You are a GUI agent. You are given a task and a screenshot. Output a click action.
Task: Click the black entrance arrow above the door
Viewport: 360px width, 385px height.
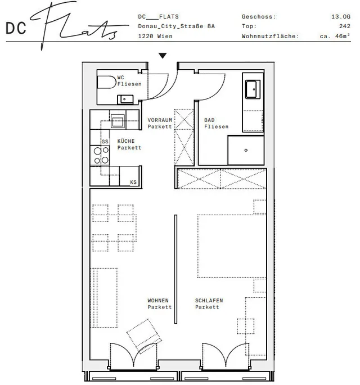click(x=163, y=56)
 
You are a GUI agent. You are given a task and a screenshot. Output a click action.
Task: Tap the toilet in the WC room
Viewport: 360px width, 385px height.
click(x=107, y=82)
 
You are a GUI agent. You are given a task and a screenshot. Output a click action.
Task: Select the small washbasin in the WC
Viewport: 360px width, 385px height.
click(x=125, y=99)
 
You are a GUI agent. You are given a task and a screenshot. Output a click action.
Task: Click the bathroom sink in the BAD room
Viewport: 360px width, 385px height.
click(x=253, y=89)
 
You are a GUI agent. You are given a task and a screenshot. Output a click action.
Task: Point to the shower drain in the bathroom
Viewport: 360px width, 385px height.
click(x=246, y=150)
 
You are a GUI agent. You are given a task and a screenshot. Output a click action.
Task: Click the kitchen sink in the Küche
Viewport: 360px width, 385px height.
click(x=118, y=121)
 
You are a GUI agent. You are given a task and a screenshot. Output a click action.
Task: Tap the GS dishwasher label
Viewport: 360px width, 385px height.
click(x=105, y=142)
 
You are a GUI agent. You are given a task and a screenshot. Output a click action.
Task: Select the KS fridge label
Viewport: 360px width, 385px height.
click(x=133, y=182)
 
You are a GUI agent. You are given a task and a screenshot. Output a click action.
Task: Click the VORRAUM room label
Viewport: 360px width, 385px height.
click(x=160, y=120)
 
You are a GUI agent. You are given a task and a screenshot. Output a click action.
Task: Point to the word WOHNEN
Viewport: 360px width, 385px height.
click(x=158, y=301)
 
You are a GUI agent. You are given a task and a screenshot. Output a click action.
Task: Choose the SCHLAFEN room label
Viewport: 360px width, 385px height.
click(x=209, y=301)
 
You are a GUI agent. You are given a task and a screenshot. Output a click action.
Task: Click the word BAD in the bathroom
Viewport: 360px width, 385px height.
click(x=209, y=120)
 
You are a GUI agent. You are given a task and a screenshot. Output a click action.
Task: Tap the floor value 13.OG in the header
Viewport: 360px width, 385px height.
click(x=341, y=17)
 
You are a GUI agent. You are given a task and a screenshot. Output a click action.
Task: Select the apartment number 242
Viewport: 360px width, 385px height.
click(x=345, y=26)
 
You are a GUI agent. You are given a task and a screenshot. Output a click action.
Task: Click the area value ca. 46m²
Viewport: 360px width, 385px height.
click(x=335, y=36)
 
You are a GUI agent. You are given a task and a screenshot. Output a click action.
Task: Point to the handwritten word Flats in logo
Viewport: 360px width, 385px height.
click(x=79, y=25)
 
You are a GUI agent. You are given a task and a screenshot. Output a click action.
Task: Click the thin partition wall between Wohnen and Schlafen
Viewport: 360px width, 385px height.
click(x=175, y=269)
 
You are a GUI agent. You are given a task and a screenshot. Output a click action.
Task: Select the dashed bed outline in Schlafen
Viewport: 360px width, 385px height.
click(x=232, y=246)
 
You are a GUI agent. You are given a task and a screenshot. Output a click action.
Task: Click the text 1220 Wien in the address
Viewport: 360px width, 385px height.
click(x=155, y=37)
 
